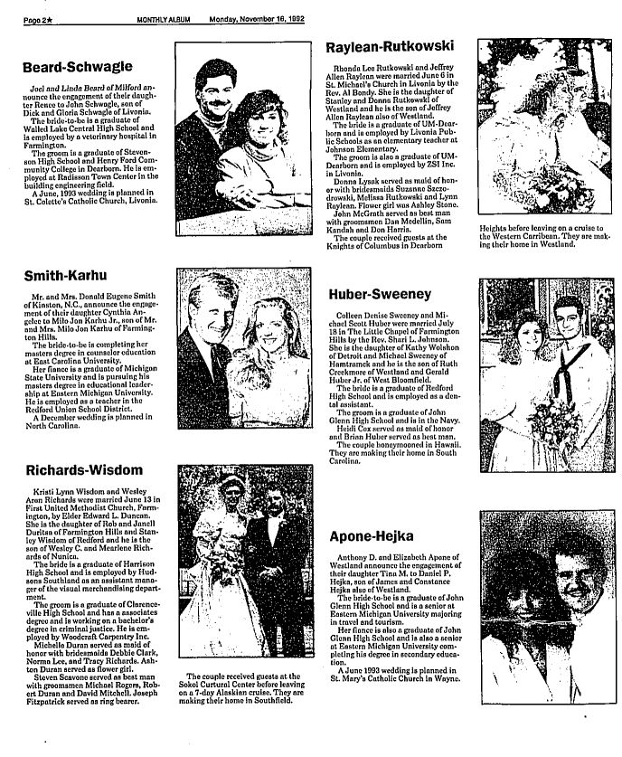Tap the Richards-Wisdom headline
click(x=83, y=470)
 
